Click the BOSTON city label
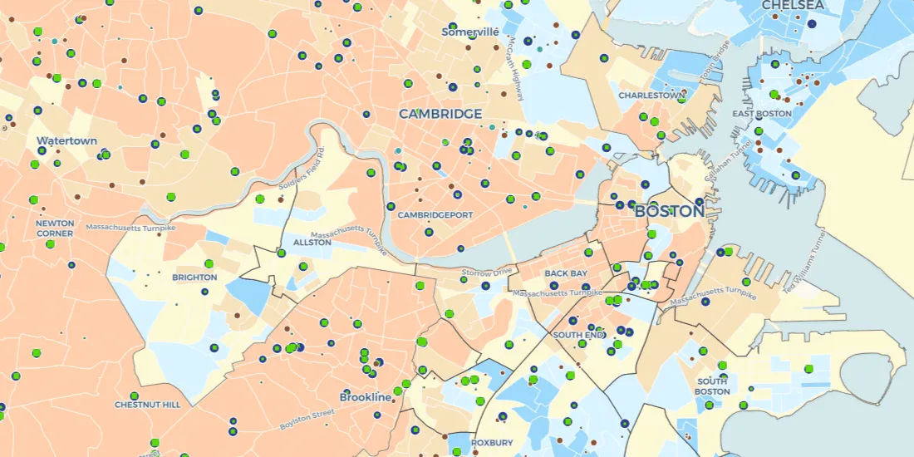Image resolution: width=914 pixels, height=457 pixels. [x=669, y=211]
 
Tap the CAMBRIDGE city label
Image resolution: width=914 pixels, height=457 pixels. [x=440, y=114]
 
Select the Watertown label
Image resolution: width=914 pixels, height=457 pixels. [x=66, y=141]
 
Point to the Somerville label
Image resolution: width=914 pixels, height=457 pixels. [x=470, y=32]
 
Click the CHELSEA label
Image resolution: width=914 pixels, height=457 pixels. [x=793, y=6]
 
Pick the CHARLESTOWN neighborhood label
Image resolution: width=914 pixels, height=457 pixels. [x=651, y=96]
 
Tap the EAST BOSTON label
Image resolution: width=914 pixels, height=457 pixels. [x=761, y=113]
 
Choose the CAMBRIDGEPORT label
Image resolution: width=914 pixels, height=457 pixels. [x=435, y=215]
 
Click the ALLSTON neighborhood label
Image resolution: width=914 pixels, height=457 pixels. [x=312, y=243]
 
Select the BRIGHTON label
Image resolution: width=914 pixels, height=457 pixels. [x=194, y=278]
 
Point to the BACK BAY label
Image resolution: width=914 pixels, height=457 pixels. [x=566, y=273]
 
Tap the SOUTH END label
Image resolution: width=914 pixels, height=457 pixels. [x=576, y=335]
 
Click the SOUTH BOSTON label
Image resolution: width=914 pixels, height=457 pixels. [x=713, y=386]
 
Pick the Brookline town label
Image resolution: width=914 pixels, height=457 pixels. [x=365, y=397]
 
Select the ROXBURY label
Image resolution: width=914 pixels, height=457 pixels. [x=492, y=443]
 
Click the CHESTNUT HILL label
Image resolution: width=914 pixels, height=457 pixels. [x=147, y=405]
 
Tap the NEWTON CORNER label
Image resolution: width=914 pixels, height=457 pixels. [x=55, y=228]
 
